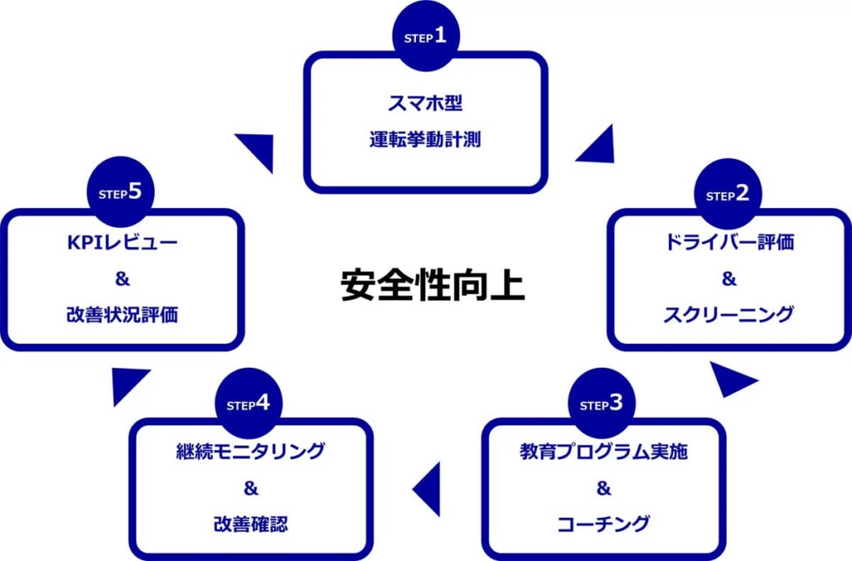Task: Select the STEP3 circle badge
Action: [602, 404]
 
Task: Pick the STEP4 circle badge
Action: [248, 404]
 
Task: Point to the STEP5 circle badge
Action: [121, 193]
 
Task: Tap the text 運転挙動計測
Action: [425, 140]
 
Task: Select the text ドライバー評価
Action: [729, 243]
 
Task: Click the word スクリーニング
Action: [729, 315]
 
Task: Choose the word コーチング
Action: [604, 524]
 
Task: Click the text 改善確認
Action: [250, 524]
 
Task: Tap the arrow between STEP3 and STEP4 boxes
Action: [428, 489]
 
